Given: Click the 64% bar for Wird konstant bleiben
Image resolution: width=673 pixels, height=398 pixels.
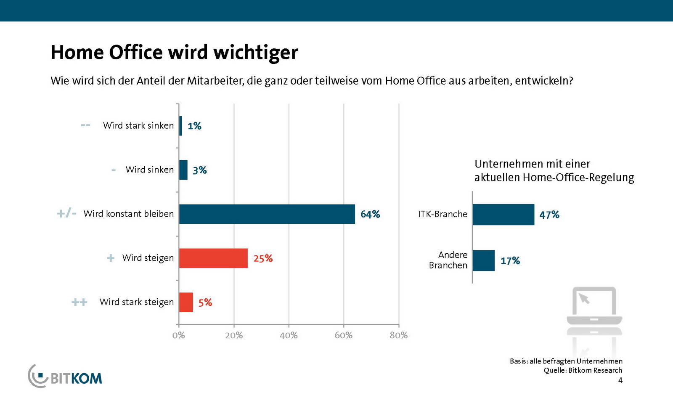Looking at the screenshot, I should pyautogui.click(x=267, y=214).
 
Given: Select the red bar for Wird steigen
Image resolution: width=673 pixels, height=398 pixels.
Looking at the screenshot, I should pyautogui.click(x=213, y=258).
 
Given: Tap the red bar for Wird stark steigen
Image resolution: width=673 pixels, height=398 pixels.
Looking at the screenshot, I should pyautogui.click(x=186, y=302).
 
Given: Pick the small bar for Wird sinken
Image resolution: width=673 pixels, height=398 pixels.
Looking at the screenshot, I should pyautogui.click(x=183, y=170).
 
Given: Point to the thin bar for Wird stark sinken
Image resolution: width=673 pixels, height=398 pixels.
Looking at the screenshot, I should pyautogui.click(x=180, y=126).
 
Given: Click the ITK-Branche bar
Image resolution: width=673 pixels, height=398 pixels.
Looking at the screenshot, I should pyautogui.click(x=503, y=215).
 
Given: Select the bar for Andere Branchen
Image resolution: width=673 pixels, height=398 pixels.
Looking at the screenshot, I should pyautogui.click(x=483, y=260).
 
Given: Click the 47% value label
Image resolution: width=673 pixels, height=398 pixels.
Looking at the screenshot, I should pyautogui.click(x=549, y=215).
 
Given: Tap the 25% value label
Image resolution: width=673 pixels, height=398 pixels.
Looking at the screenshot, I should pyautogui.click(x=263, y=258).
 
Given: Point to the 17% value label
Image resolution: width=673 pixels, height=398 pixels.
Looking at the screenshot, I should pyautogui.click(x=510, y=261).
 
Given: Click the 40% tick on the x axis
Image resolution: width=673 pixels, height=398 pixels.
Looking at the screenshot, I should pyautogui.click(x=289, y=335).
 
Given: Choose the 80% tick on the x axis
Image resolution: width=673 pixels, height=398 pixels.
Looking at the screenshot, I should pyautogui.click(x=398, y=335).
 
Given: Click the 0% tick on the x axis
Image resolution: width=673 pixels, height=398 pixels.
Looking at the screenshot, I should pyautogui.click(x=179, y=335).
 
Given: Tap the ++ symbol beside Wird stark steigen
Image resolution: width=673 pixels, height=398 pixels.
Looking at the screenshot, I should pyautogui.click(x=79, y=302).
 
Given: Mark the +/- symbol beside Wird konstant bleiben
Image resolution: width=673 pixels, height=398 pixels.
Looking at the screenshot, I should pyautogui.click(x=66, y=213).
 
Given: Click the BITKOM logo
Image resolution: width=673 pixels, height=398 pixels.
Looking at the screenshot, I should pyautogui.click(x=66, y=376).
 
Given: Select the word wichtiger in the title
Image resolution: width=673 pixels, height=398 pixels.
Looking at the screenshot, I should pyautogui.click(x=255, y=53).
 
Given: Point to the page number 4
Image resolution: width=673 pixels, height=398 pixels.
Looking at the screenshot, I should pyautogui.click(x=620, y=380).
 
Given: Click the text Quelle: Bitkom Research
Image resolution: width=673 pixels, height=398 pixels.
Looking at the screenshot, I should pyautogui.click(x=583, y=370).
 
